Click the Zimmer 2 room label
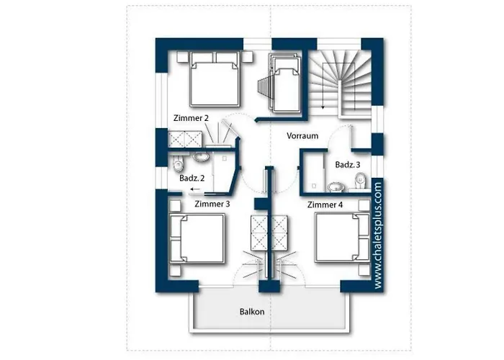coord(191,118)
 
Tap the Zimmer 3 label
coord(212,204)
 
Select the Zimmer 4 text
coord(325,204)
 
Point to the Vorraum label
coord(302,135)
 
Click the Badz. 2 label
coord(192,178)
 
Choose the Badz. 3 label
coord(348,165)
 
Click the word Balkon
coord(252,312)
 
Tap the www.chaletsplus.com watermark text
coord(378,235)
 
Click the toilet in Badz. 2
coord(177,163)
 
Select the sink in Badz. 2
coord(201,157)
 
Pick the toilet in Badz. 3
coord(361,180)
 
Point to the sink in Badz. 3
coord(336,186)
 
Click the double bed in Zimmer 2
coord(215,78)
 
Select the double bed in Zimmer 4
coord(342,238)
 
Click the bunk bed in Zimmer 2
coord(286,83)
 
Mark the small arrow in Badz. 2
coord(194,189)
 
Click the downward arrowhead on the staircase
coord(323,107)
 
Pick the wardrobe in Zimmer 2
coord(185,139)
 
